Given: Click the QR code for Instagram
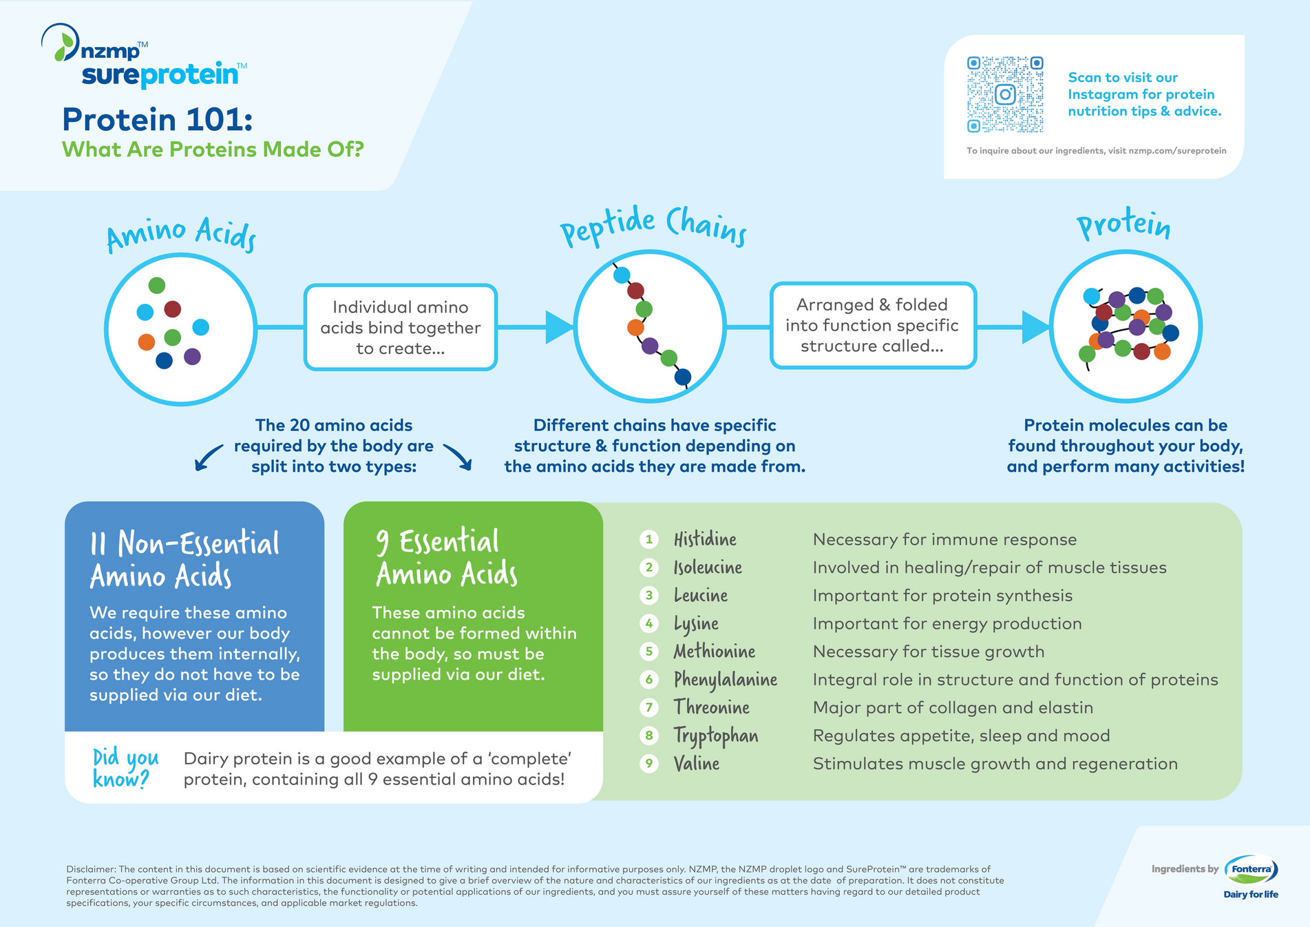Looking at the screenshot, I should tap(1005, 94).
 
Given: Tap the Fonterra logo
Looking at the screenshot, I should tap(1251, 870).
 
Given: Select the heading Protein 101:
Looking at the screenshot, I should tap(158, 120).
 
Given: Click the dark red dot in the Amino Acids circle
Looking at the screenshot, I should tap(173, 309).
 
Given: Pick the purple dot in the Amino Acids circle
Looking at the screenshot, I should tap(193, 356).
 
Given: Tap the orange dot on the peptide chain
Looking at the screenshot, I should tap(635, 327).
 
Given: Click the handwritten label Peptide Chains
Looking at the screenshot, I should tap(653, 227).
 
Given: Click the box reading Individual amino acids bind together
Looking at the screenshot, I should tap(400, 327).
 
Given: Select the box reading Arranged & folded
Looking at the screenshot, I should tap(872, 325).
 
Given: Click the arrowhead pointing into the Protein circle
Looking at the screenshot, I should tap(1035, 326).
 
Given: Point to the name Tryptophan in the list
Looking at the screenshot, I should tap(716, 736).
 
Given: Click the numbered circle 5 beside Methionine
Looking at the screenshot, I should tap(648, 652).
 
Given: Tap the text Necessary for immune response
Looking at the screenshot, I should tap(944, 539).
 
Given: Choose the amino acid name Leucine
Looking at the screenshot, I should tap(701, 595).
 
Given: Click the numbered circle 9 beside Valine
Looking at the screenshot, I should tap(648, 764).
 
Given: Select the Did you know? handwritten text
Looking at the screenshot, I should tap(125, 768).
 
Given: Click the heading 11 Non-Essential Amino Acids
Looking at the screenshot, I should tap(184, 559).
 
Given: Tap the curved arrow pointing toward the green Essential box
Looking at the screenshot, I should tap(458, 457).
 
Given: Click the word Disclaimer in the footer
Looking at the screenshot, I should tap(91, 869).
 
